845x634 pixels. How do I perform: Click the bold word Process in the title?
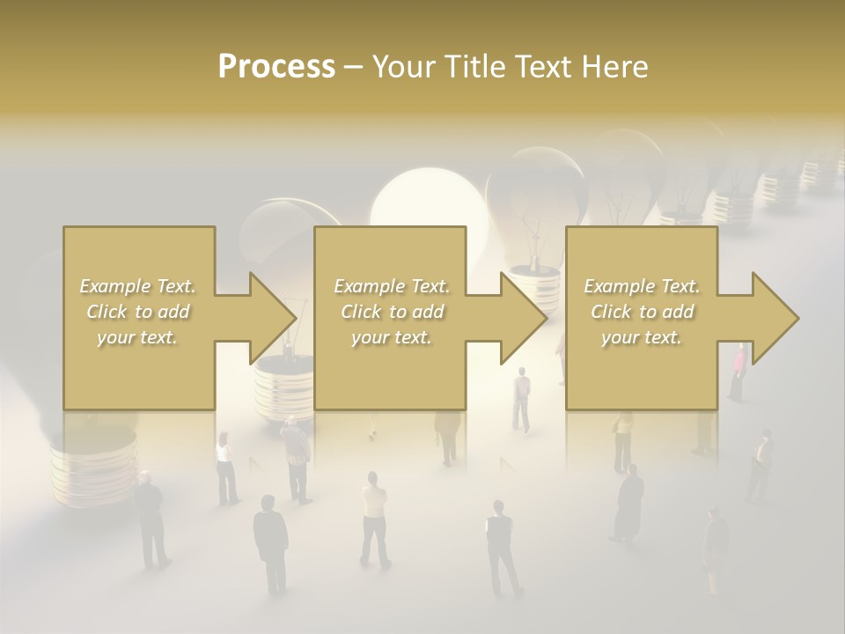click(x=276, y=67)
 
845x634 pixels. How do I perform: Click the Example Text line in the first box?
click(x=137, y=286)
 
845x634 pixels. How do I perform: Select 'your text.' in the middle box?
click(x=391, y=337)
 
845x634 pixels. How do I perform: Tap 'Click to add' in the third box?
click(x=642, y=312)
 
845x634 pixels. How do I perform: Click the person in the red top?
click(x=738, y=371)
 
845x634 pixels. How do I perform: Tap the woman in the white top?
click(x=226, y=467)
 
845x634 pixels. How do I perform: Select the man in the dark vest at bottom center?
click(x=501, y=546)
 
